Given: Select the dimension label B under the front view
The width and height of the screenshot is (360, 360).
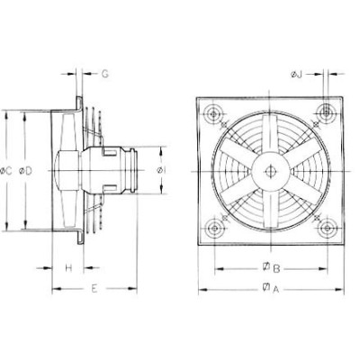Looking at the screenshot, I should (x=278, y=268).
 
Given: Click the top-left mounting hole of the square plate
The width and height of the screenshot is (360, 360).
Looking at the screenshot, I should (x=215, y=113).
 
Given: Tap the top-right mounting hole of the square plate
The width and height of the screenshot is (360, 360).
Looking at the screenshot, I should (x=323, y=113).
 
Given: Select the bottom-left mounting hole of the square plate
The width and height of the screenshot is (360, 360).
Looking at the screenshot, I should (x=215, y=226).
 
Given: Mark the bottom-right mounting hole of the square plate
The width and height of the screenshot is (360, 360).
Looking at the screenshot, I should (x=323, y=226).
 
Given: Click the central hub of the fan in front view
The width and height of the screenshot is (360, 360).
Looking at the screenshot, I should (x=269, y=169).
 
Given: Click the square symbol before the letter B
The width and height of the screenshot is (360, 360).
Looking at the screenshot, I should (x=267, y=268).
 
